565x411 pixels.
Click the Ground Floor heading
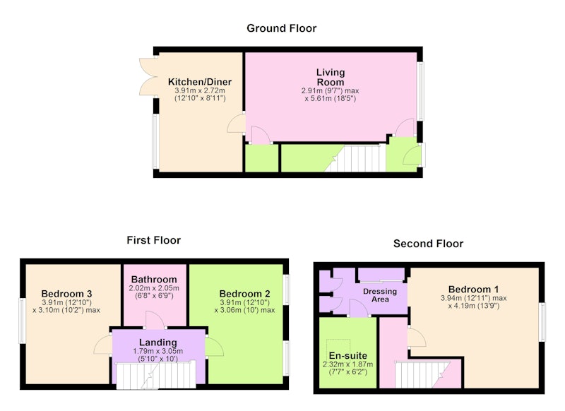281,28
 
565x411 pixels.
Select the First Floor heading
153,240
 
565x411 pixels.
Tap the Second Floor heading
428,244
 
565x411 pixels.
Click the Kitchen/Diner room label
200,82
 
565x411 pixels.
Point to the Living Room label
331,77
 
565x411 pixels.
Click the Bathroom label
154,280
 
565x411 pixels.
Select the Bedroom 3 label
66,294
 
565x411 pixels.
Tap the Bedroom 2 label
244,294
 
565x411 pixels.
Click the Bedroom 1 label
473,290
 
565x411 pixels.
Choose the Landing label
158,342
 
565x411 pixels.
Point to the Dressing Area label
380,295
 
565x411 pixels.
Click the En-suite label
347,356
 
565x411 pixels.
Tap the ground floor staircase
355,158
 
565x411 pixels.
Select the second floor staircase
422,374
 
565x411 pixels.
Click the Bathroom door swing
155,320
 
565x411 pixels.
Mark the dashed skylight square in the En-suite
338,348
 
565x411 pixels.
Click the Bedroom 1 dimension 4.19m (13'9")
473,306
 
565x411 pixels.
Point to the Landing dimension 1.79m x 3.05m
157,351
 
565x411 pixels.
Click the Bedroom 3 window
22,321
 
